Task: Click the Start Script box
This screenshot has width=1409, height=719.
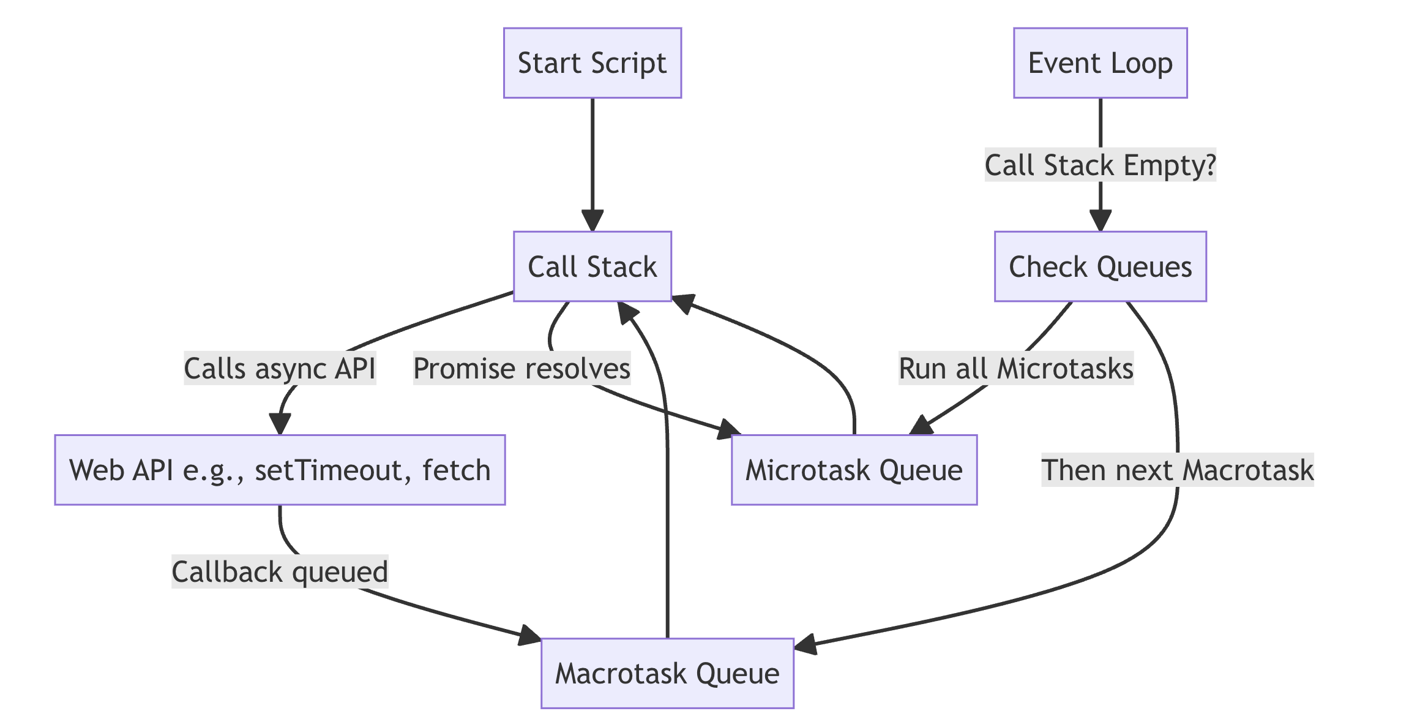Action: [x=592, y=63]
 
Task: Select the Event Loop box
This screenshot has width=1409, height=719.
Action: [x=1101, y=63]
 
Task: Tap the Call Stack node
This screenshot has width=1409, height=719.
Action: [x=592, y=266]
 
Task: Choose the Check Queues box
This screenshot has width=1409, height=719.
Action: [x=1101, y=266]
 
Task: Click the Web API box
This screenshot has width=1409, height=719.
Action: [x=280, y=470]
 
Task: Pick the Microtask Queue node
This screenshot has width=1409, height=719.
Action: [x=854, y=470]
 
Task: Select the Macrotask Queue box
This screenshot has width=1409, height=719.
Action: [x=667, y=674]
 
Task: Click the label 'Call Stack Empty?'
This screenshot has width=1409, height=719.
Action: [x=1101, y=165]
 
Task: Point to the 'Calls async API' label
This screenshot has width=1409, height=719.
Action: [x=280, y=369]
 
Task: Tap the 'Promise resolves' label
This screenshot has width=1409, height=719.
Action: [x=522, y=369]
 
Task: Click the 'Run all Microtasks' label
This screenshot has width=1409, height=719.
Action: [x=1016, y=369]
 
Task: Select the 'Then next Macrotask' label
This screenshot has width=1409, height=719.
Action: [x=1178, y=470]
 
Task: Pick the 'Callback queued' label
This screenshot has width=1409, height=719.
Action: [x=280, y=572]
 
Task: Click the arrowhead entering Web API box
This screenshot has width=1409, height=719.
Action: [x=280, y=424]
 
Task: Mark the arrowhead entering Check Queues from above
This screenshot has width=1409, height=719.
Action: [x=1101, y=221]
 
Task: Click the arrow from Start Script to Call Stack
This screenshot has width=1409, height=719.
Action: [x=592, y=164]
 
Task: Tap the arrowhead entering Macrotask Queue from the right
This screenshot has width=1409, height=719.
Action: [x=804, y=645]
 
